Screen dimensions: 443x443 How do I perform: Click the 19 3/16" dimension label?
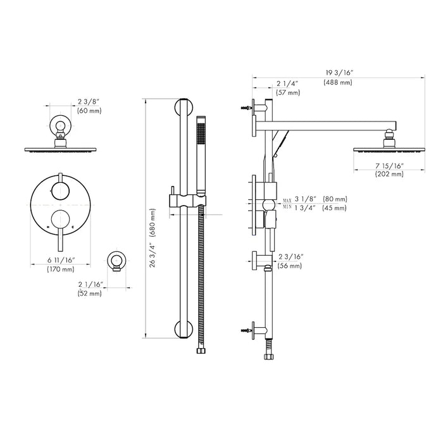point(337,73)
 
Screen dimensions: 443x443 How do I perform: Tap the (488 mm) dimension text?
point(337,83)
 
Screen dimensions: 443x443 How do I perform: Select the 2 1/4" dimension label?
point(288,83)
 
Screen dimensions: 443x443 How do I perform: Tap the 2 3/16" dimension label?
point(290,256)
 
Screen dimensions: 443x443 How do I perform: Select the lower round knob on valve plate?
point(61,220)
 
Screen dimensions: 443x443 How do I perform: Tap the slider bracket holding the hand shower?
point(185,201)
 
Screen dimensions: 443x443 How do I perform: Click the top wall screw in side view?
point(243,108)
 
